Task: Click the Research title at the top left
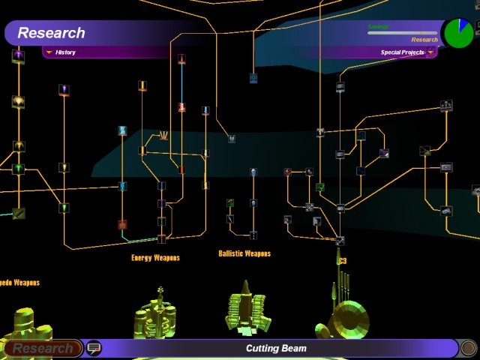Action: pos(51,33)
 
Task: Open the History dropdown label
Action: pos(65,52)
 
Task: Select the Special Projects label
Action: pos(402,52)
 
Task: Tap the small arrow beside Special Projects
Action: pos(430,52)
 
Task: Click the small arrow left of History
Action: pos(49,52)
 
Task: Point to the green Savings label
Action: pos(378,26)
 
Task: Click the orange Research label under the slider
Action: pos(424,40)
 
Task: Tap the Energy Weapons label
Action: pos(155,258)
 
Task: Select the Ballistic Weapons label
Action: pos(244,253)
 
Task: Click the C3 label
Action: pos(342,261)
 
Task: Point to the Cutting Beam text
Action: pos(276,349)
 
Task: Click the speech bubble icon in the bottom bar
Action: pos(94,348)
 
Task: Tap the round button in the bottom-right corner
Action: pos(468,348)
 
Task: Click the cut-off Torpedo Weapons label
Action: pos(19,283)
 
